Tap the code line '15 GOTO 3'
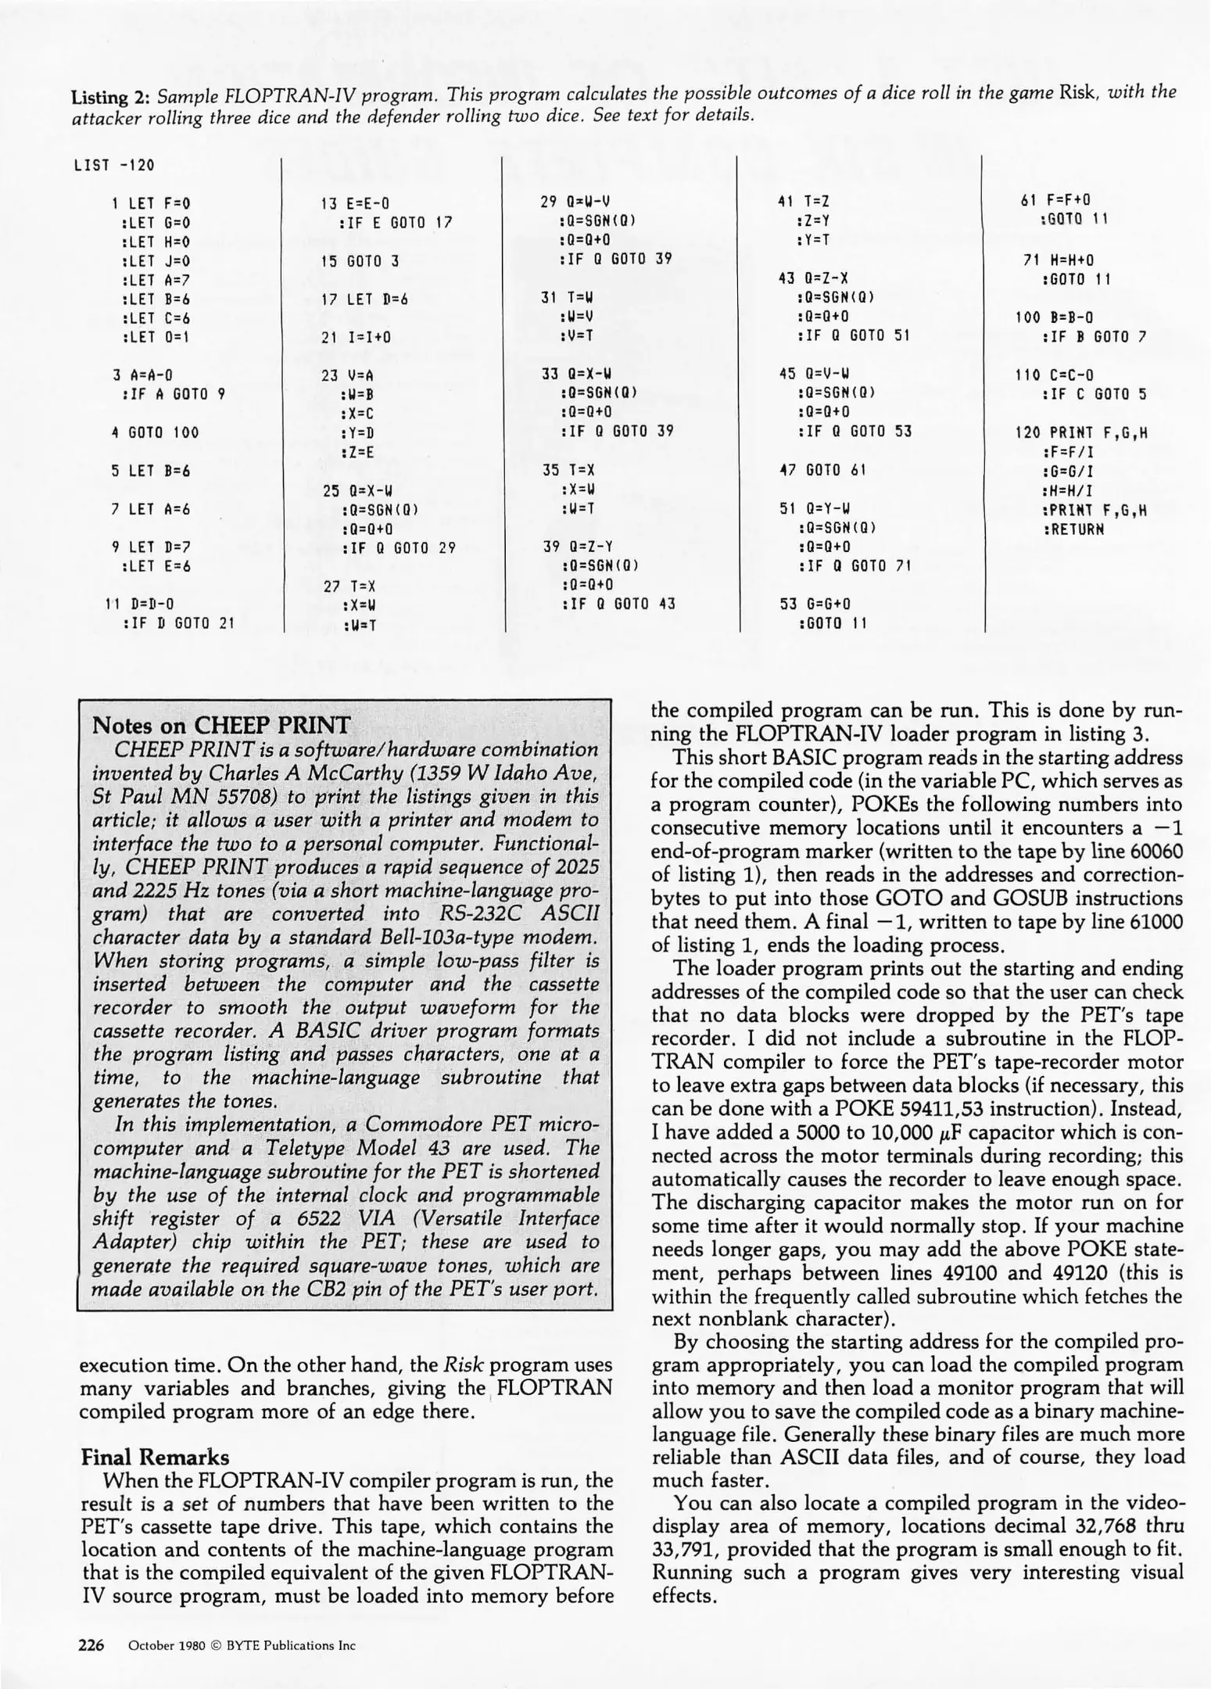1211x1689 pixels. [360, 261]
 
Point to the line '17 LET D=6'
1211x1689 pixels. [366, 299]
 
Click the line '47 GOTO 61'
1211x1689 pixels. [823, 470]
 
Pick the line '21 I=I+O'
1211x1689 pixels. [356, 338]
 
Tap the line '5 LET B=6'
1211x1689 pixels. [152, 471]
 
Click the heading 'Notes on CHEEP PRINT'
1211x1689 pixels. [221, 724]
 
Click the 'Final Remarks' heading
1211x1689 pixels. [156, 1457]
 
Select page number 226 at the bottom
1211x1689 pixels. [91, 1644]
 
